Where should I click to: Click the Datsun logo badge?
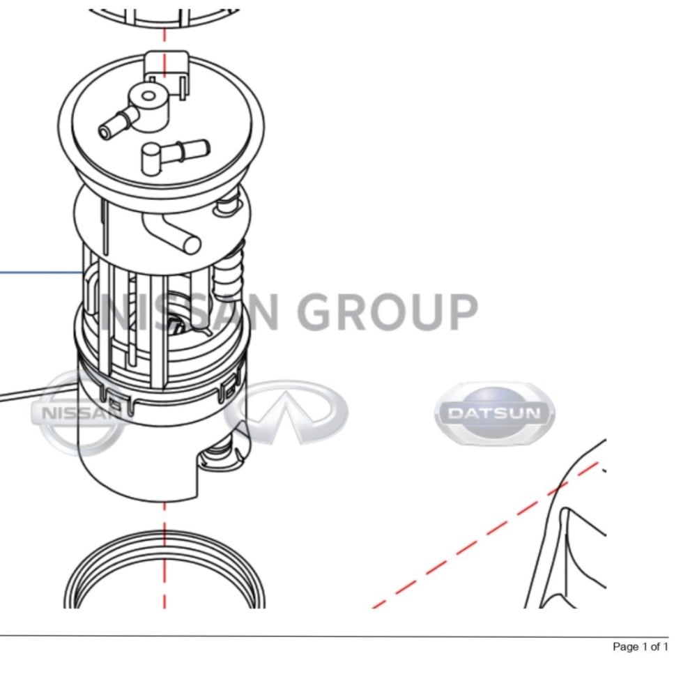(495, 413)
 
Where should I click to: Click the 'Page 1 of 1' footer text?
(640, 647)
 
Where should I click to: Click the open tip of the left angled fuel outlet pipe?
(105, 132)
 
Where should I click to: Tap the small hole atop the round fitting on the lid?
(148, 95)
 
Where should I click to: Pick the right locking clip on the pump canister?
(230, 387)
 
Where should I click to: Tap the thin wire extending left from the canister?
(40, 393)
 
